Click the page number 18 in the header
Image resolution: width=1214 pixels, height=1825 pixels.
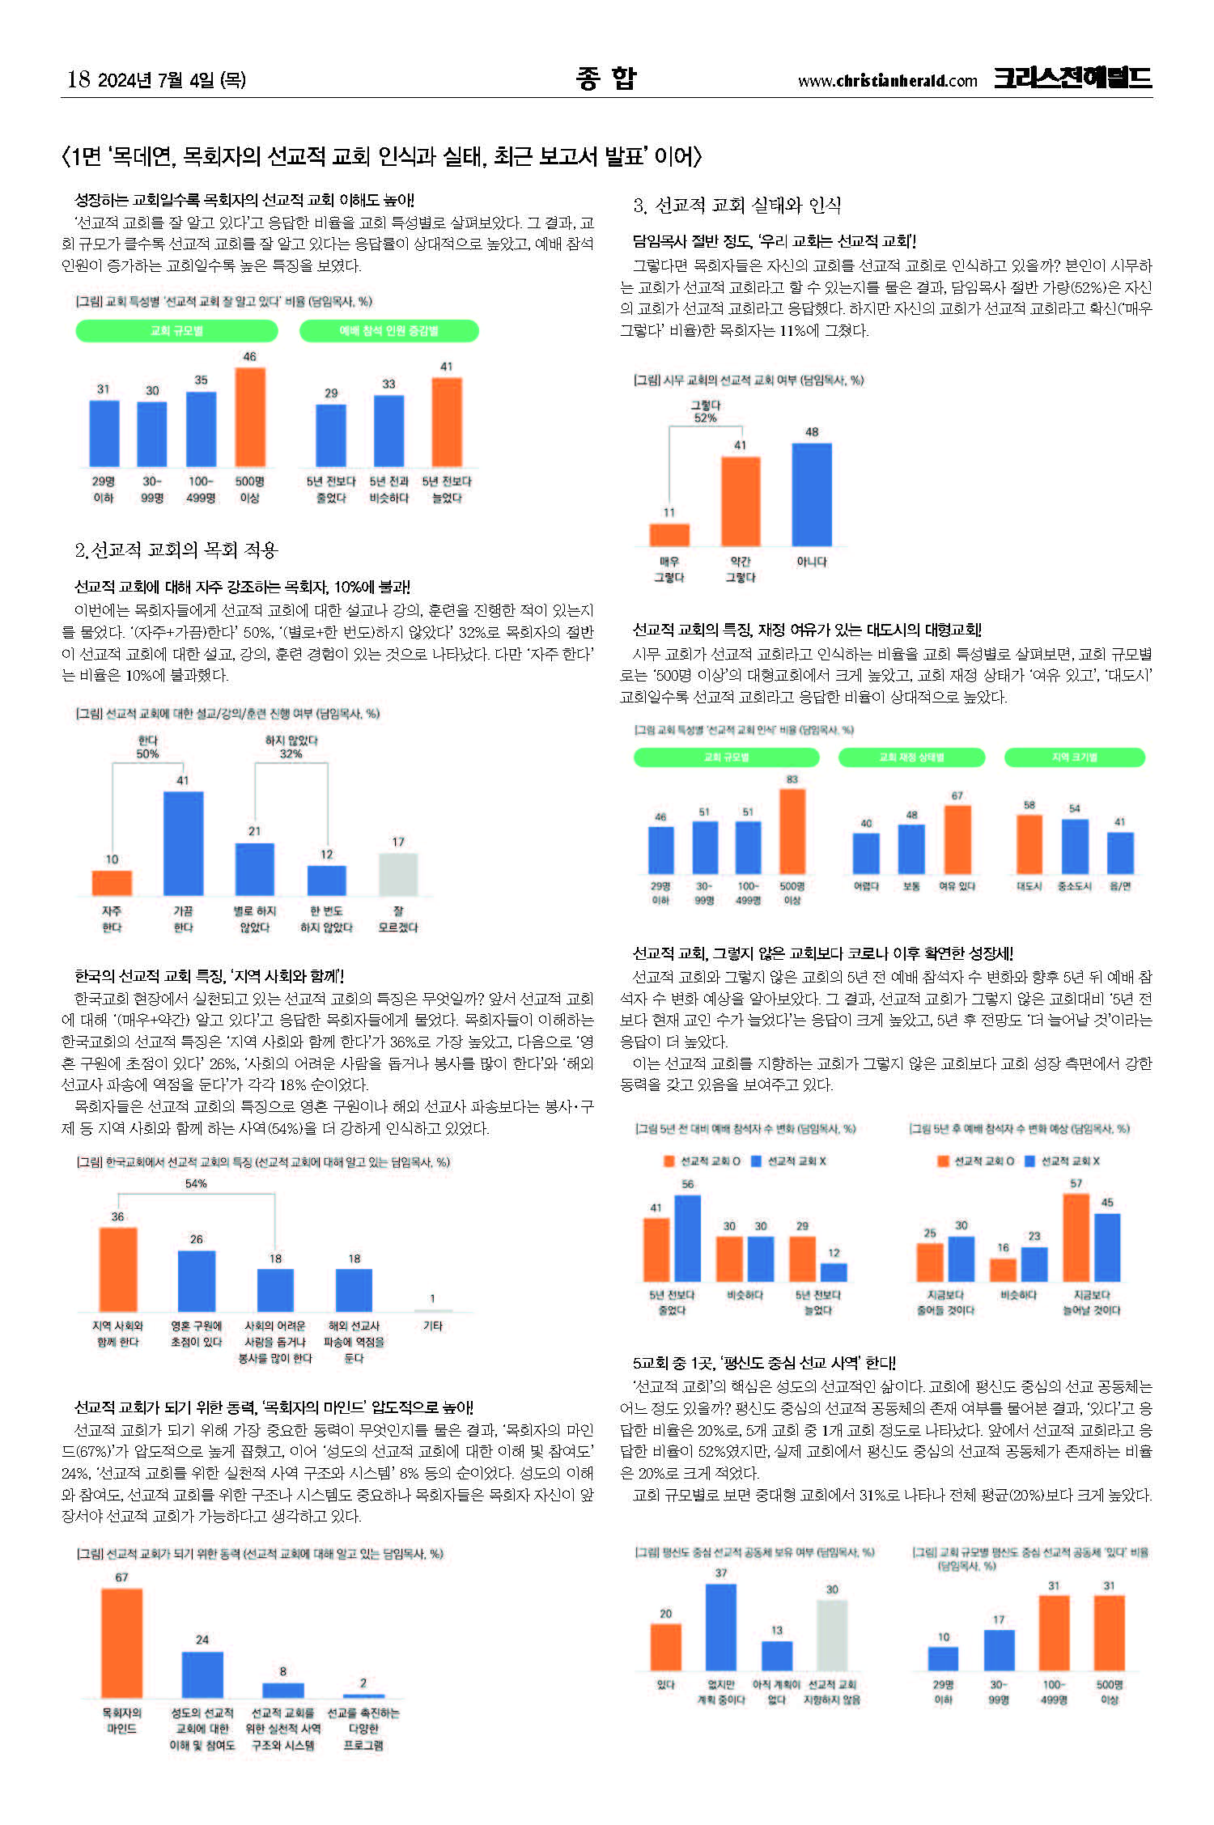(x=79, y=79)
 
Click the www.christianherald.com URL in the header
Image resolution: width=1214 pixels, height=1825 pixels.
(x=887, y=81)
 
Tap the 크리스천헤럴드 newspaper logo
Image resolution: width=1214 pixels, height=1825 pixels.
(x=1072, y=78)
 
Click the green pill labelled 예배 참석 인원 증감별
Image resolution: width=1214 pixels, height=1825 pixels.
(x=389, y=331)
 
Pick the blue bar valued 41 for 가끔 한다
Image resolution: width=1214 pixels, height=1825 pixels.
(x=183, y=842)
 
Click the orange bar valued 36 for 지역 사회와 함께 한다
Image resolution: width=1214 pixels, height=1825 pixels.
(x=118, y=1269)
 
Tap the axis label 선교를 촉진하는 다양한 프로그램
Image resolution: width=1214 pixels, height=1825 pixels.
(x=363, y=1729)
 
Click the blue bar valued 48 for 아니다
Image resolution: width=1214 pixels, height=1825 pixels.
(x=812, y=494)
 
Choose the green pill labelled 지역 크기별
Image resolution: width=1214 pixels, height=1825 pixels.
(x=1075, y=758)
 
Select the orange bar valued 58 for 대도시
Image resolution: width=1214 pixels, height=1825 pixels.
(x=1029, y=843)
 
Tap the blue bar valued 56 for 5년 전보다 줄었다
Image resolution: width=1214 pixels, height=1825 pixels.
(x=687, y=1238)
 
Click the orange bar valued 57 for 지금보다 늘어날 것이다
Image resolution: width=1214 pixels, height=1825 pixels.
(x=1076, y=1237)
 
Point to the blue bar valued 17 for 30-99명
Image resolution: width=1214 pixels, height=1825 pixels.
(x=999, y=1650)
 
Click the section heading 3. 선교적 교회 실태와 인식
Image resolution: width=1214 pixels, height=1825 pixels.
(x=737, y=206)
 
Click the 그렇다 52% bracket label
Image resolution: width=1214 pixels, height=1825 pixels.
(x=705, y=412)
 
